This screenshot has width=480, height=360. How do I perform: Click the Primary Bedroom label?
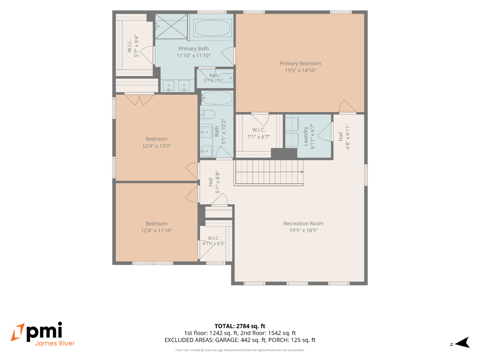click(x=301, y=63)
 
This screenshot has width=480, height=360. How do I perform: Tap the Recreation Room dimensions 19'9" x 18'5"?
click(x=304, y=230)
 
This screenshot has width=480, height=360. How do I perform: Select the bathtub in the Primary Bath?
click(x=212, y=28)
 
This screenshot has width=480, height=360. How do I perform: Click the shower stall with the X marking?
click(x=171, y=26)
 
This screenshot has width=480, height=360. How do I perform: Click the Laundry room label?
click(x=305, y=136)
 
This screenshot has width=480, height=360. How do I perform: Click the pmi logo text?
click(x=44, y=331)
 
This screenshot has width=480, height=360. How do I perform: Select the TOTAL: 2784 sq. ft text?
click(x=240, y=326)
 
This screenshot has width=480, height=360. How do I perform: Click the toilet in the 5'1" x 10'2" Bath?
click(x=208, y=114)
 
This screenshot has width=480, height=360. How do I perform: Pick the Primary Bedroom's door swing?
click(x=347, y=106)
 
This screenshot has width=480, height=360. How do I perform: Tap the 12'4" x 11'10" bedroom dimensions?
click(x=157, y=230)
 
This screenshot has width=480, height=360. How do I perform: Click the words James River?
click(x=55, y=343)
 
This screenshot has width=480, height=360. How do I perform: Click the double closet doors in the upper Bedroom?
click(x=139, y=100)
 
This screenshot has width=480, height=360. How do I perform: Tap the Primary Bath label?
click(x=193, y=49)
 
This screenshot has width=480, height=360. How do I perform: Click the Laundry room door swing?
click(x=325, y=132)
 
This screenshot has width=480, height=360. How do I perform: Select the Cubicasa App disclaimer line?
click(x=240, y=350)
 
